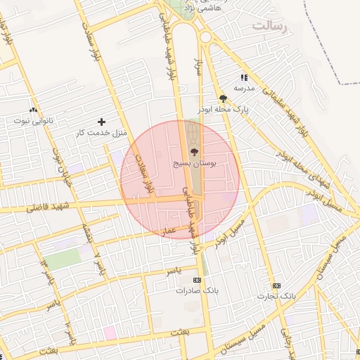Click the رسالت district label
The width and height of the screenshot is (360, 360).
click(x=269, y=26)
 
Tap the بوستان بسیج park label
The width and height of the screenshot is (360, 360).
click(x=195, y=162)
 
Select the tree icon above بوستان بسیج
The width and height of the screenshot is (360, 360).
click(x=195, y=151)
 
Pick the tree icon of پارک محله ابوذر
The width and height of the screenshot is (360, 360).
click(x=223, y=98)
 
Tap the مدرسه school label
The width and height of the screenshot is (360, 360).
click(x=244, y=89)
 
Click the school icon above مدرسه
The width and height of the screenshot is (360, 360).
click(x=244, y=77)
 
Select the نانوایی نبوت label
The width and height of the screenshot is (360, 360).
click(x=33, y=120)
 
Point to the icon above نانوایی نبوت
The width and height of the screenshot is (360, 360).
click(x=33, y=109)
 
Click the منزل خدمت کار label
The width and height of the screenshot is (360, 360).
click(x=101, y=132)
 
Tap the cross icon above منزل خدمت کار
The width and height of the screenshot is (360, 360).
click(x=101, y=122)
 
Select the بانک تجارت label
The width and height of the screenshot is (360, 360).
click(x=276, y=296)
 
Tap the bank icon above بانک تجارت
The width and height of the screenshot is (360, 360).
click(x=276, y=285)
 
